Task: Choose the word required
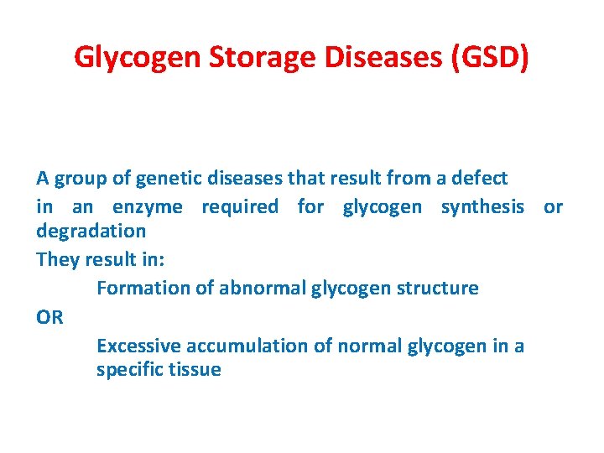[x=240, y=206]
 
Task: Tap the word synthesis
[x=482, y=206]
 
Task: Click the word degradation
[x=91, y=231]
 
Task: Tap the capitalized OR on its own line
[x=49, y=317]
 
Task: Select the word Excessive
[x=138, y=346]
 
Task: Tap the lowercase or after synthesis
[x=554, y=206]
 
